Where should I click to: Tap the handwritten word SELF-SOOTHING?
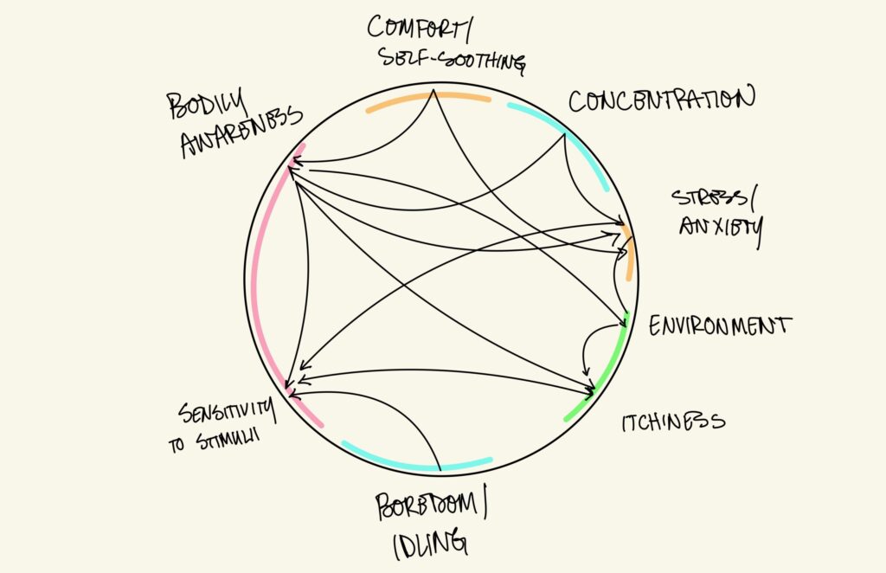coord(453,61)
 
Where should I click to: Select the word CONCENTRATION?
coord(661,100)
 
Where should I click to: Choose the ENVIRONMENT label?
coord(720,326)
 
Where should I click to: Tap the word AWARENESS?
coord(241,132)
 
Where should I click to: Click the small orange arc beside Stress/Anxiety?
coord(631,252)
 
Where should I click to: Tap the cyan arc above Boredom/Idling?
coord(415,466)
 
